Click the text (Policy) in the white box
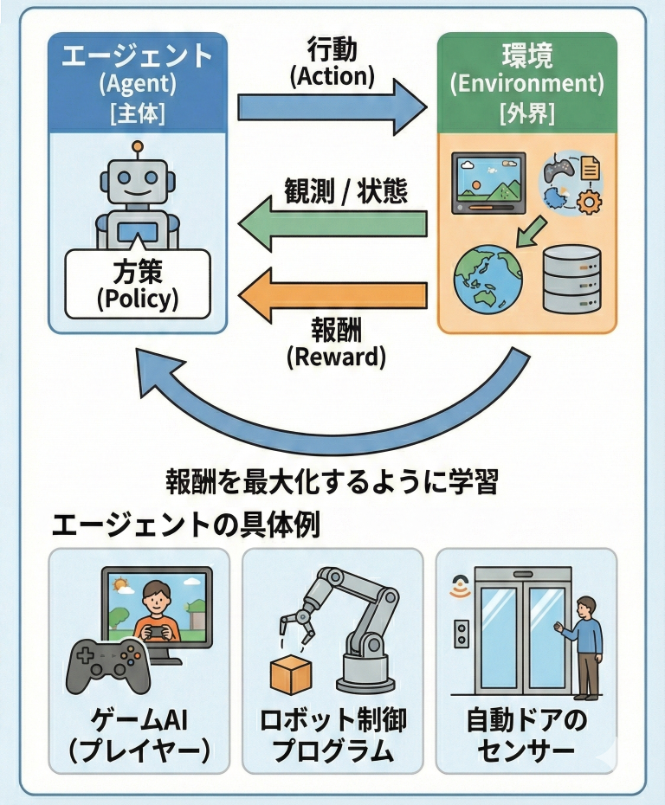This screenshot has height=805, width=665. pyautogui.click(x=138, y=299)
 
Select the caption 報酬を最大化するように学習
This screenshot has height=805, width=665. pyautogui.click(x=332, y=480)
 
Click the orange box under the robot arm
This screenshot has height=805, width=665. pyautogui.click(x=290, y=674)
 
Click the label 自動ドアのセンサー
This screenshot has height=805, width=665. pyautogui.click(x=526, y=734)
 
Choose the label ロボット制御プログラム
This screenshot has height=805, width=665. pyautogui.click(x=332, y=734)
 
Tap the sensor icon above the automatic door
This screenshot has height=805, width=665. pyautogui.click(x=460, y=589)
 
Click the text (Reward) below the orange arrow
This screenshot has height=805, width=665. pyautogui.click(x=336, y=357)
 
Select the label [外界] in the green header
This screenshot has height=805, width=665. pyautogui.click(x=526, y=113)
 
